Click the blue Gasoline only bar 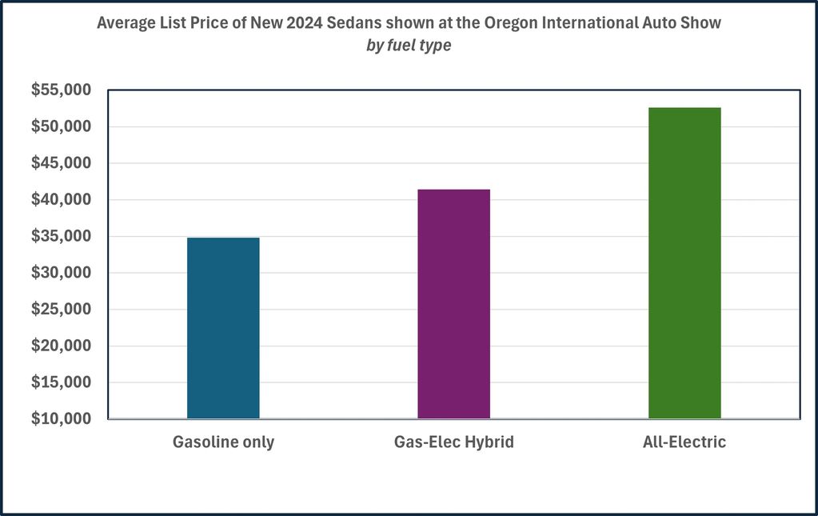(x=223, y=328)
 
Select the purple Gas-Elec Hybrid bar (x=453, y=304)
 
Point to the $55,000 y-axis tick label (x=61, y=90)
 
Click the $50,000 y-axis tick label (x=61, y=127)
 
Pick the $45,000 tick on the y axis (x=61, y=163)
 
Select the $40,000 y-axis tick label (x=61, y=200)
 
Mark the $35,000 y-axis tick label (x=61, y=237)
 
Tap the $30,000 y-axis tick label (x=61, y=273)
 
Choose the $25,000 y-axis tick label (x=61, y=310)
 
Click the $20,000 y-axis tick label (x=61, y=346)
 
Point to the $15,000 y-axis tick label (x=61, y=382)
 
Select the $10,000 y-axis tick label (x=61, y=419)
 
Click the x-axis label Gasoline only (x=223, y=442)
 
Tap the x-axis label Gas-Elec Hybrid (x=453, y=442)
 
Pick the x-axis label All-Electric (x=684, y=442)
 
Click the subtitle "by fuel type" (x=409, y=46)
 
